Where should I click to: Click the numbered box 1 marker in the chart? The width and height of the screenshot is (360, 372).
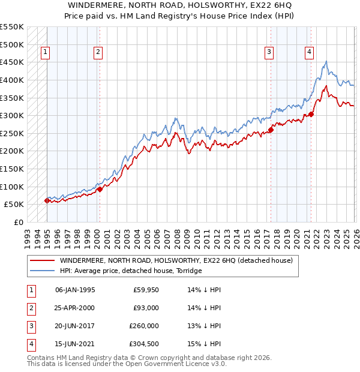[46, 53]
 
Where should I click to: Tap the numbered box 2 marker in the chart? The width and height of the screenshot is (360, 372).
[97, 53]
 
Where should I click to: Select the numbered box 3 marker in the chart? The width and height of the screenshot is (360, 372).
[269, 53]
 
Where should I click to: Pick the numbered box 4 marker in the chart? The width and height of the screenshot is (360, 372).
[309, 53]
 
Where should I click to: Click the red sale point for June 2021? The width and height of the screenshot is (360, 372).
[311, 114]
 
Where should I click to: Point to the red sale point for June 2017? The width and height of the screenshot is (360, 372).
[271, 129]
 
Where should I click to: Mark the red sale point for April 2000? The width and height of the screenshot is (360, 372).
[100, 189]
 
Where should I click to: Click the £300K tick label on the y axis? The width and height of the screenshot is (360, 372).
[12, 115]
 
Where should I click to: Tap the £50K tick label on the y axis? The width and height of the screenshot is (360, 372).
[14, 205]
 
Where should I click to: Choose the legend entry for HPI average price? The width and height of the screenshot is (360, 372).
[130, 271]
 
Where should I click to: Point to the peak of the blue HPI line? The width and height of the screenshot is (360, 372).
[326, 61]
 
